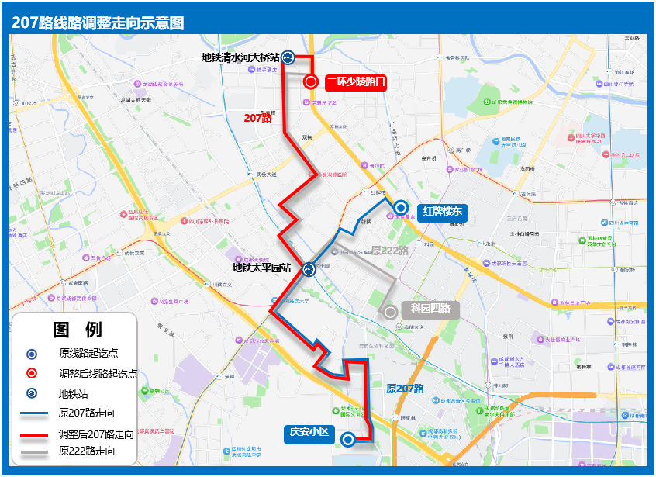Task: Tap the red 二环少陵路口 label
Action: click(355, 81)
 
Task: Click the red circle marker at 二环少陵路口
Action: click(311, 81)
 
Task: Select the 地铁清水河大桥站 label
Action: click(240, 57)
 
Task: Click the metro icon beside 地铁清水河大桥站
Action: click(288, 57)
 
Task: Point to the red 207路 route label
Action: click(257, 118)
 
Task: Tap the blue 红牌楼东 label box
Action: click(442, 210)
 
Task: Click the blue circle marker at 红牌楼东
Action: click(401, 207)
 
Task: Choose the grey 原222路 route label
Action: click(389, 251)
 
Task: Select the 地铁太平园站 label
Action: click(262, 268)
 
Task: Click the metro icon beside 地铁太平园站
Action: click(309, 270)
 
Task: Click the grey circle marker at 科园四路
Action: click(391, 312)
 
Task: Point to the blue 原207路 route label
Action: click(405, 389)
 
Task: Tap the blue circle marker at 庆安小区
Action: click(348, 440)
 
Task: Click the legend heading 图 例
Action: click(77, 330)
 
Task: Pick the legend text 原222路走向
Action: click(88, 451)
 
